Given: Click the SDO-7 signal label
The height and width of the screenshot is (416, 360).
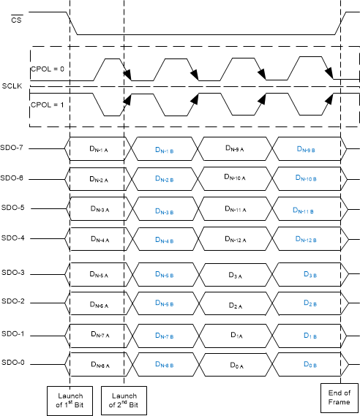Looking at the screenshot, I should pyautogui.click(x=13, y=148).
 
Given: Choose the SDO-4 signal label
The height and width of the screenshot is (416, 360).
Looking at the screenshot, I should pyautogui.click(x=13, y=238).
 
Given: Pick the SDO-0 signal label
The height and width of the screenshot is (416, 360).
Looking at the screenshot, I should pyautogui.click(x=13, y=363).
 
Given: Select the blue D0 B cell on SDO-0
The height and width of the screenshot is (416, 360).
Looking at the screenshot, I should pyautogui.click(x=307, y=363).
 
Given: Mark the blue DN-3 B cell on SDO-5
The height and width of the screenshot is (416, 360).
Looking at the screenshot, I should pyautogui.click(x=165, y=211).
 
